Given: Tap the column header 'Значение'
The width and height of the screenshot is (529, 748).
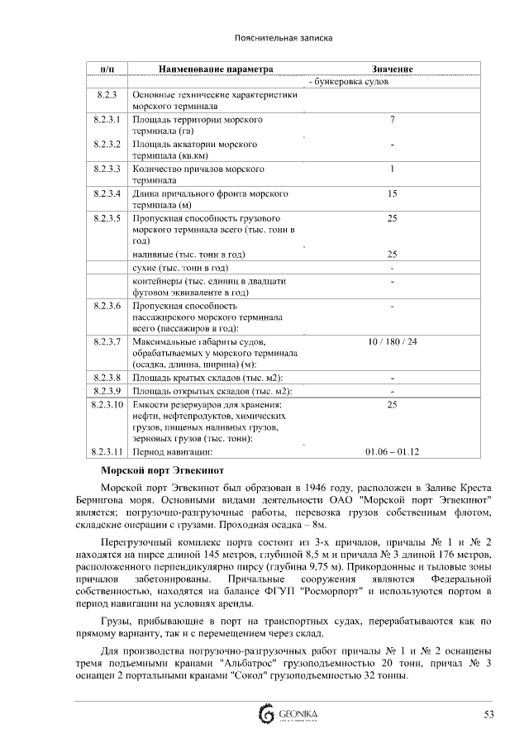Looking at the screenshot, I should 392,69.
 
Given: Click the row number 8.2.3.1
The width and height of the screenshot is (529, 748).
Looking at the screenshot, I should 107,120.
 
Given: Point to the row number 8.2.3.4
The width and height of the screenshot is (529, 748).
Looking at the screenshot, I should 107,194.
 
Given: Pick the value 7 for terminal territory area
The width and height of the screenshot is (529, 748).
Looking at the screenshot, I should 392,120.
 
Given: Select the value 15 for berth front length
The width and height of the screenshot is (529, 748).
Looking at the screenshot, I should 392,194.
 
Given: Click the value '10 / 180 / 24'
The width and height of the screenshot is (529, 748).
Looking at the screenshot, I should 393,341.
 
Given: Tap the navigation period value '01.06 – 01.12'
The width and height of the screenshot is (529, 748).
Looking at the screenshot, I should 392,452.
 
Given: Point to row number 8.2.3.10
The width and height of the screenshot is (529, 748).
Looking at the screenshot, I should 107,405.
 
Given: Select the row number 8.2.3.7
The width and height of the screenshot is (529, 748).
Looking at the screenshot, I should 107,341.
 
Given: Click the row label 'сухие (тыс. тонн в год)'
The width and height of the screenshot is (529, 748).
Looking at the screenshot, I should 180,269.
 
